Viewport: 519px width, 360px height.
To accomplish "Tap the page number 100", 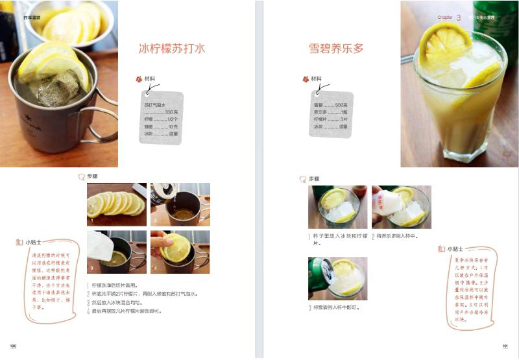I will click(x=13, y=345).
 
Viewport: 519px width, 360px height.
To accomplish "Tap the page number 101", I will click(x=505, y=345).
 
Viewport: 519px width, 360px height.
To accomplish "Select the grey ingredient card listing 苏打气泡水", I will click(x=162, y=117).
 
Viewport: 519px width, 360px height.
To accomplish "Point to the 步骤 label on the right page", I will click(x=314, y=178).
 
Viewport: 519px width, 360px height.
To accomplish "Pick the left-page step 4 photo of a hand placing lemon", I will click(x=180, y=252).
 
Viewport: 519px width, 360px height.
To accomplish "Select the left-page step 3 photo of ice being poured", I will click(x=116, y=252).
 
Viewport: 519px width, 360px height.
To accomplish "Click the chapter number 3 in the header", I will click(x=459, y=18).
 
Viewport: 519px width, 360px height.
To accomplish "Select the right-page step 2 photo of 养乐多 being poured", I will click(x=401, y=207).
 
